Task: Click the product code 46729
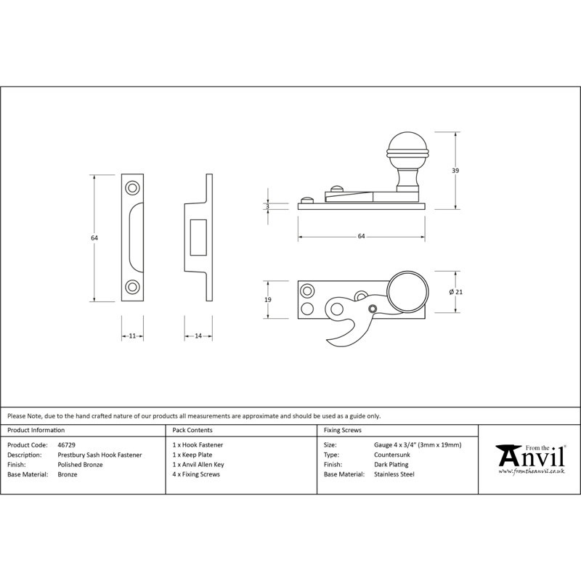pos(66,445)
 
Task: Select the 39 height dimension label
pos(455,171)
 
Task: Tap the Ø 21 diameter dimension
pos(456,292)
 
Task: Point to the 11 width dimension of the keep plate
pos(132,336)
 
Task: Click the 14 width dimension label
pos(198,336)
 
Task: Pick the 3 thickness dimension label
pos(267,207)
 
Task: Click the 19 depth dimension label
pos(268,299)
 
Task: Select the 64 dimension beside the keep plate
pos(94,238)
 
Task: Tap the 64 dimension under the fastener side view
pos(361,237)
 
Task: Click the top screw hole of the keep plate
pos(132,187)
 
